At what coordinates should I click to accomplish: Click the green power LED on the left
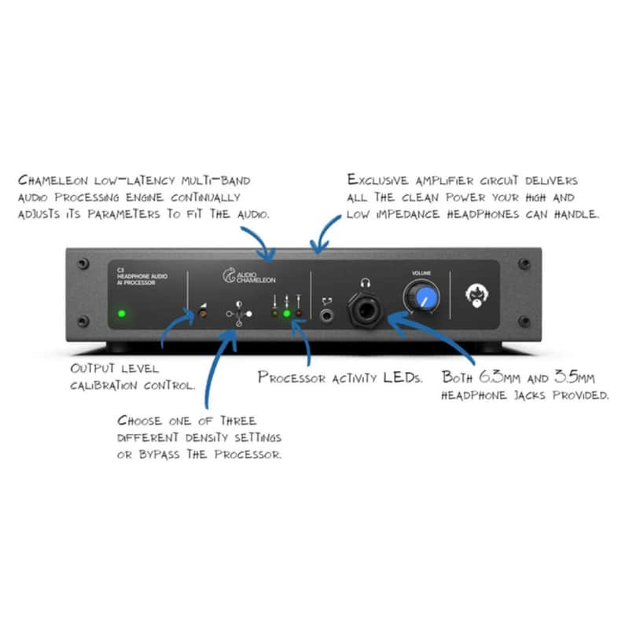[x=122, y=313]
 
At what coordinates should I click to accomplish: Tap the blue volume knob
[x=421, y=297]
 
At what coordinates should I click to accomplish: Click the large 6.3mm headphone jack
[x=365, y=310]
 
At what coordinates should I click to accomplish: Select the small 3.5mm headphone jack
[x=327, y=316]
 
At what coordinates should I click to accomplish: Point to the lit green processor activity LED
[x=286, y=313]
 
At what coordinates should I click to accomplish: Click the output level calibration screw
[x=204, y=314]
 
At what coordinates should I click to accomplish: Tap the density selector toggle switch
[x=239, y=314]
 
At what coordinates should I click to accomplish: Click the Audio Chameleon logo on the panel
[x=249, y=276]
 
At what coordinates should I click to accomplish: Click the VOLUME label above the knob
[x=421, y=273]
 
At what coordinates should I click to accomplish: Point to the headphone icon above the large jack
[x=365, y=283]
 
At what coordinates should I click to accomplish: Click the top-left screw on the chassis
[x=83, y=263]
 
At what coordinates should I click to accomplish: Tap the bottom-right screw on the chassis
[x=524, y=321]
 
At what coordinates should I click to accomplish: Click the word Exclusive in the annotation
[x=378, y=180]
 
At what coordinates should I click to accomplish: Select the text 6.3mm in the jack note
[x=500, y=377]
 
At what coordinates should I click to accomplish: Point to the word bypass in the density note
[x=160, y=455]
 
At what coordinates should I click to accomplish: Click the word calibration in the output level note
[x=104, y=385]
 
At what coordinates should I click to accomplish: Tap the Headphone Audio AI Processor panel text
[x=142, y=277]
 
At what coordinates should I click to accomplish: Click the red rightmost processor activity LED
[x=299, y=313]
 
